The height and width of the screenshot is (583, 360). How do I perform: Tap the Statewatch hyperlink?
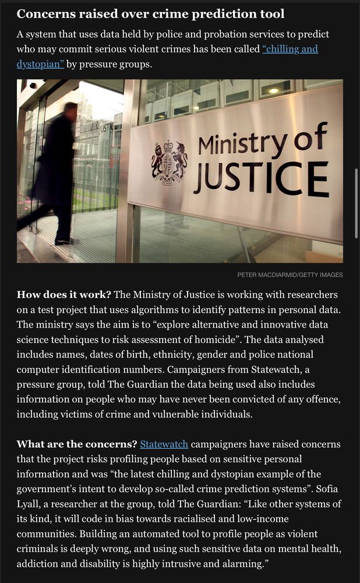164,444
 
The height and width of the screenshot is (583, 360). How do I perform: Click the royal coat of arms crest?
168,163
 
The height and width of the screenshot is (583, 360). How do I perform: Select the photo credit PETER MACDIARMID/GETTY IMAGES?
290,275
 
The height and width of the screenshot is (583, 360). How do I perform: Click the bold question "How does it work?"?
64,294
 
